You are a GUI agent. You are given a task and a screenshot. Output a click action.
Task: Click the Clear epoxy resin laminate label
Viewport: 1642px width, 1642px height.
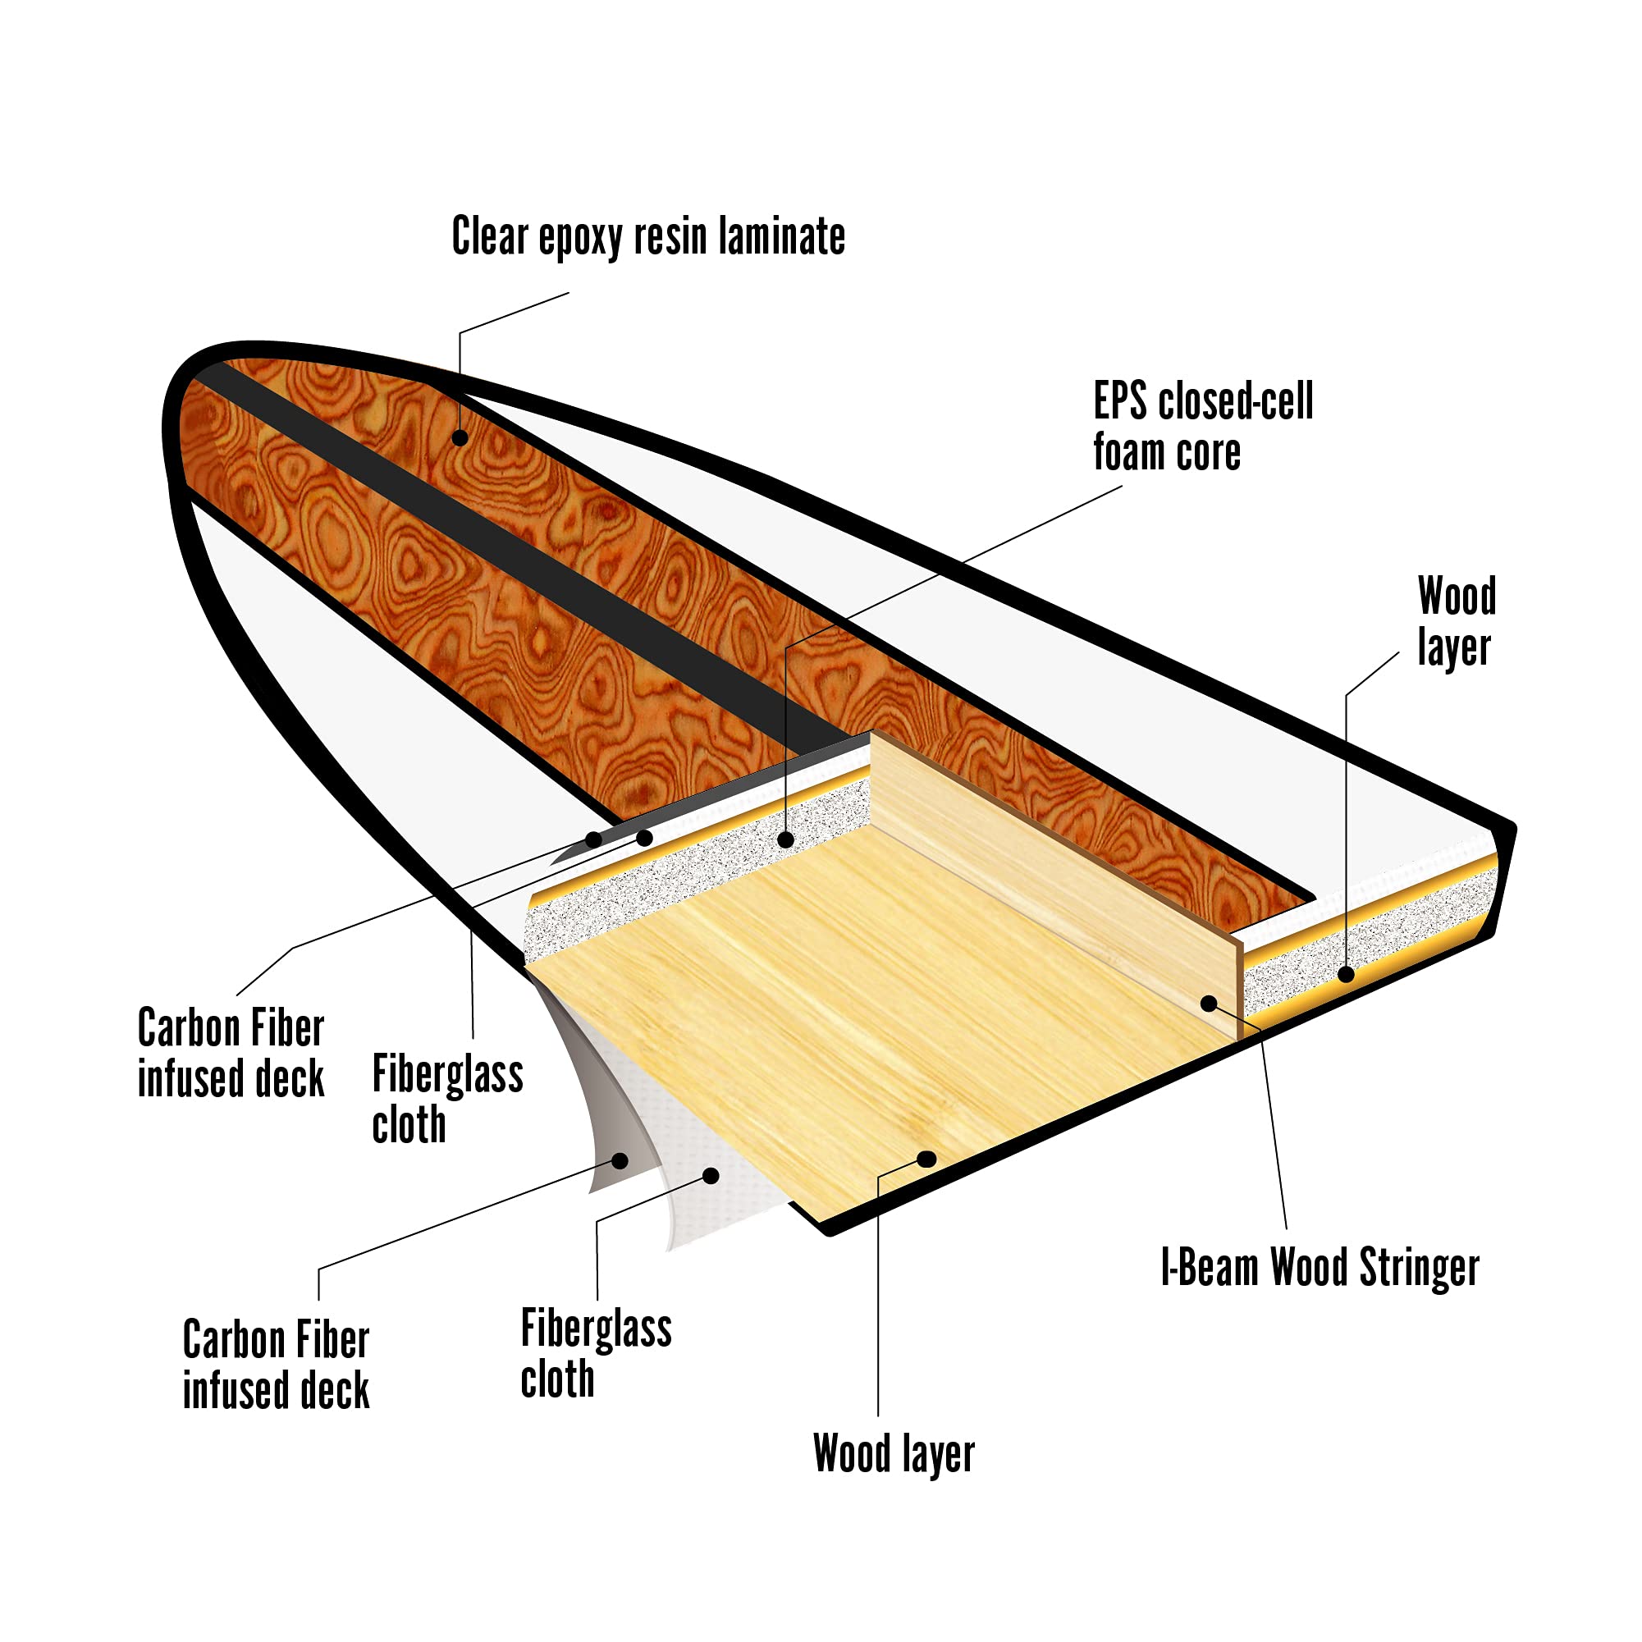pyautogui.click(x=647, y=236)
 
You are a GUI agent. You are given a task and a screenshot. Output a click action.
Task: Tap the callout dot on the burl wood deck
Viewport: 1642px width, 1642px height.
pyautogui.click(x=460, y=437)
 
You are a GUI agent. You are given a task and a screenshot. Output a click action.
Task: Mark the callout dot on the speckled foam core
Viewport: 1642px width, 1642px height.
pyautogui.click(x=786, y=839)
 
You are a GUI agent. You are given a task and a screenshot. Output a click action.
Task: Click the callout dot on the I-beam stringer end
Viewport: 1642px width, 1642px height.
pyautogui.click(x=1208, y=1003)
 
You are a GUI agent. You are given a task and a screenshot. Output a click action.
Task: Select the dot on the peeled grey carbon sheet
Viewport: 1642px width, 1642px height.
pyautogui.click(x=620, y=1160)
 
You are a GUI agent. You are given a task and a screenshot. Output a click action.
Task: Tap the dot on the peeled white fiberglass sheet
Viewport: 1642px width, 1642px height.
pyautogui.click(x=711, y=1175)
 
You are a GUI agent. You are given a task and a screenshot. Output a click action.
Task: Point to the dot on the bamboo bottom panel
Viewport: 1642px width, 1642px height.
pyautogui.click(x=927, y=1159)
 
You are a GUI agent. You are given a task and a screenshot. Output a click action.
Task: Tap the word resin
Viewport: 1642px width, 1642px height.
pyautogui.click(x=671, y=236)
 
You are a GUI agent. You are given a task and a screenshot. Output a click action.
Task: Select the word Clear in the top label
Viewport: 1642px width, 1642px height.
pyautogui.click(x=490, y=236)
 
